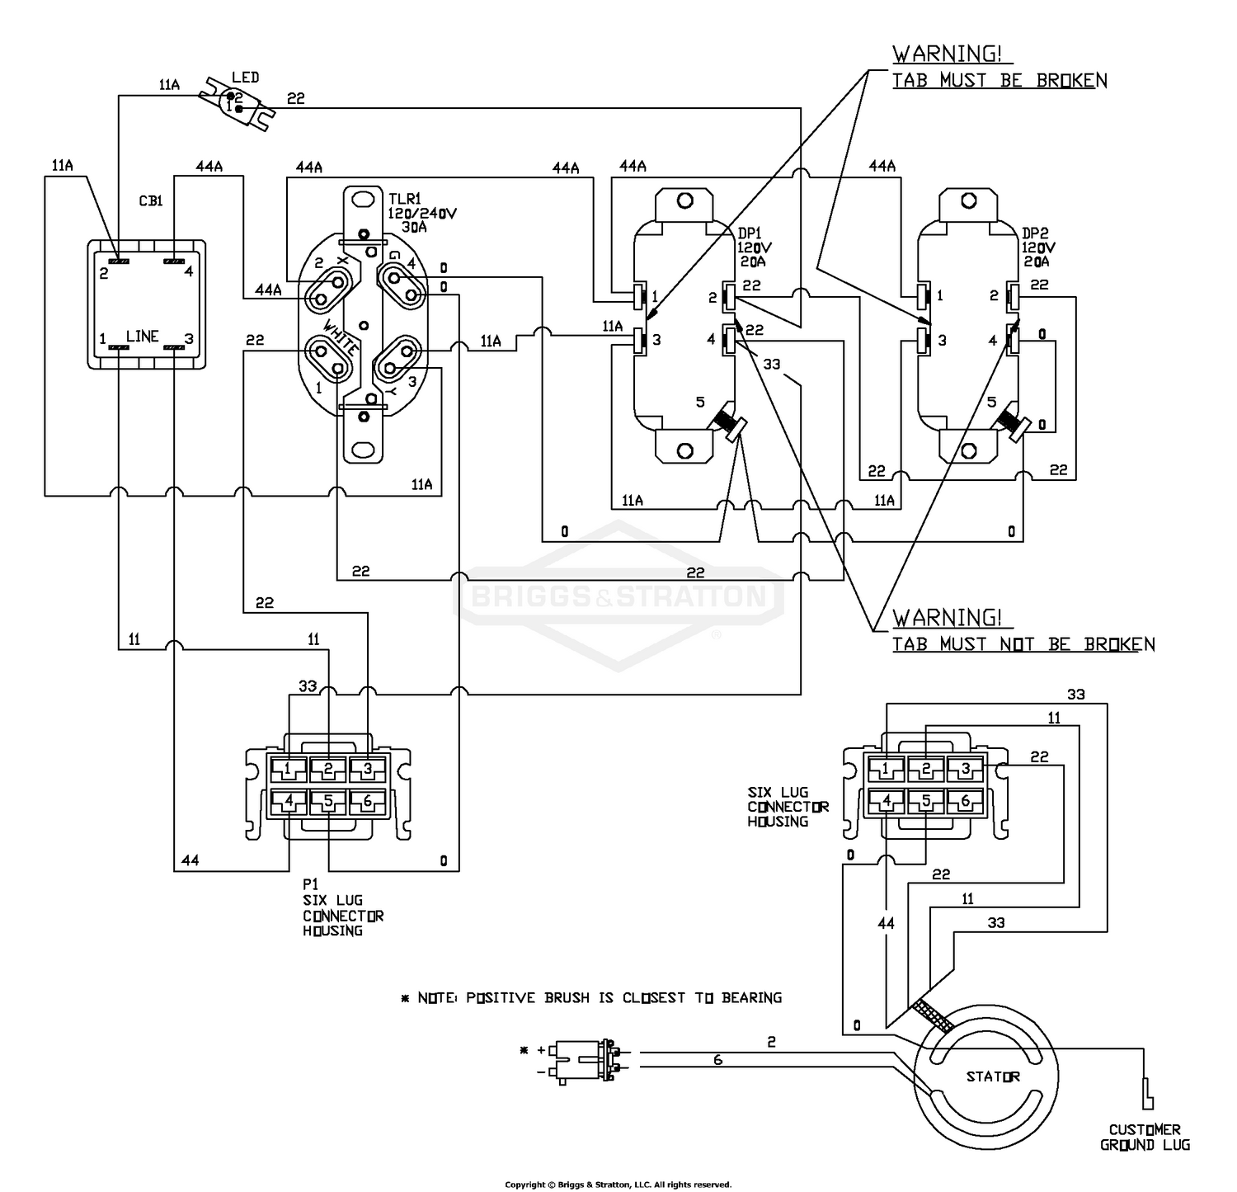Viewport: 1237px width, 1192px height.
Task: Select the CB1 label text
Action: [150, 200]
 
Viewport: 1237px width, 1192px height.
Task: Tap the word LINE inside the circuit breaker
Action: [142, 336]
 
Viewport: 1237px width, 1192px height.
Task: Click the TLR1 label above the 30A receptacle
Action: [406, 199]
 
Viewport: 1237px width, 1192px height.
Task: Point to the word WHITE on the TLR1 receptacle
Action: [341, 336]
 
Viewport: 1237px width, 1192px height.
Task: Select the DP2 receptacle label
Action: [1036, 233]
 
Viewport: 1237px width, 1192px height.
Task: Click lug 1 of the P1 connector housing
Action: [288, 770]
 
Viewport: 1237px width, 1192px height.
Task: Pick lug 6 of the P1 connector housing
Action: [368, 800]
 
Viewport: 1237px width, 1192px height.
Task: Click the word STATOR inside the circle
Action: [993, 1077]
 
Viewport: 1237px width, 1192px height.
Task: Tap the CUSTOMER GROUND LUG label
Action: [1145, 1137]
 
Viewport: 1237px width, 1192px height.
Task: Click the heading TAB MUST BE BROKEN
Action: [999, 80]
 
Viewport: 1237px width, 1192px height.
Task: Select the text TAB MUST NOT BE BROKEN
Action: [1023, 644]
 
